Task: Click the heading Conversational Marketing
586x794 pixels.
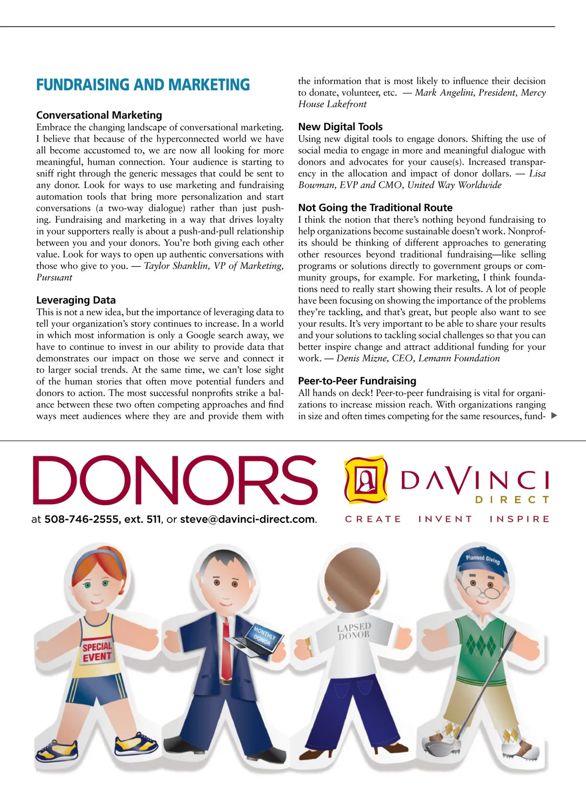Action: point(99,115)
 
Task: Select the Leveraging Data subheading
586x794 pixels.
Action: point(76,300)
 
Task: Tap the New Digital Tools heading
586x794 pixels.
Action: point(340,127)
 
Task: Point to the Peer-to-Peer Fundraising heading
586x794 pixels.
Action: point(357,381)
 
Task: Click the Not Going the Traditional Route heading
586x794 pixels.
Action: point(375,208)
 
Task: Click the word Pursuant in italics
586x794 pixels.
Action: point(54,278)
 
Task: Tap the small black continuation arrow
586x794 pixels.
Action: point(554,416)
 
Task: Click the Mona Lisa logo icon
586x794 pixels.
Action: point(366,479)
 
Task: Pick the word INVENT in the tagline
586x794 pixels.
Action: point(445,519)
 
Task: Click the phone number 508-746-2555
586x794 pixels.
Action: point(82,519)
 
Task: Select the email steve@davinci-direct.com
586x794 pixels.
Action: point(247,519)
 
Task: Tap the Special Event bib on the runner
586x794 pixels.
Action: point(97,651)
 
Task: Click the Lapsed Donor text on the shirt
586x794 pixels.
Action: point(354,631)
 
